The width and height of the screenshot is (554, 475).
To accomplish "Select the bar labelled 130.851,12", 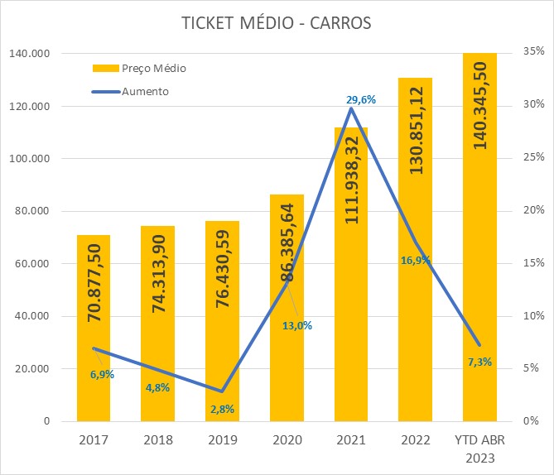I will point(415,248).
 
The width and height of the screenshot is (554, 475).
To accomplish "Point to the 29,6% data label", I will point(361,99).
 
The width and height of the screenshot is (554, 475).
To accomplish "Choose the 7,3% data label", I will point(479,362).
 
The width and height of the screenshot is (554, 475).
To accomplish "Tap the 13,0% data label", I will point(297,325).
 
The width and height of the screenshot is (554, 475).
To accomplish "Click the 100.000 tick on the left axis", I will point(28,159).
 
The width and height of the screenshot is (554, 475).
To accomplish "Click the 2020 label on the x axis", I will point(286,439).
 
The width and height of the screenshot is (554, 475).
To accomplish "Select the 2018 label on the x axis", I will point(157,439).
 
